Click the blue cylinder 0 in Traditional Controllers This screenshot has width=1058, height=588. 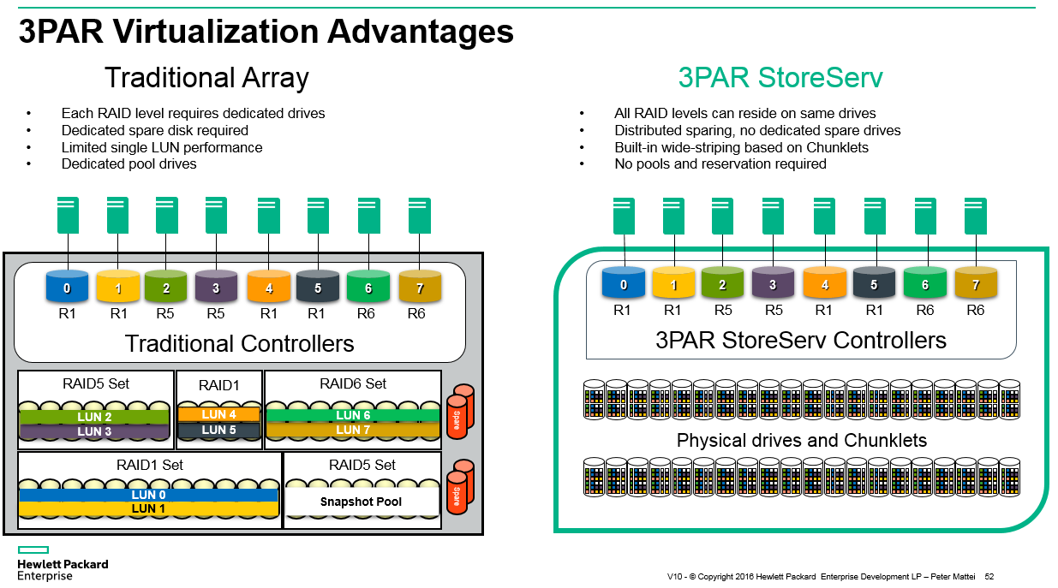[x=67, y=288]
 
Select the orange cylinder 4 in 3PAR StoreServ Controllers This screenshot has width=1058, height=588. [x=825, y=284]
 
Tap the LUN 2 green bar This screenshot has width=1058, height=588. [x=95, y=417]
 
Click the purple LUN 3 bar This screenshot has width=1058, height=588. [x=95, y=431]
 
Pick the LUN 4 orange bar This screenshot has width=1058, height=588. [x=218, y=415]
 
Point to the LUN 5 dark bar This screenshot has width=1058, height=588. [x=218, y=430]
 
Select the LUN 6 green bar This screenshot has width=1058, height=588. [x=353, y=415]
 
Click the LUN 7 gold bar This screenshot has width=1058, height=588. [x=353, y=430]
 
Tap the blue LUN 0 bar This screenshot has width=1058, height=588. [x=148, y=495]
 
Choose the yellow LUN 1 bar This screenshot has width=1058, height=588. [x=148, y=508]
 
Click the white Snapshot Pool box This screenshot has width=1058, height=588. [x=361, y=502]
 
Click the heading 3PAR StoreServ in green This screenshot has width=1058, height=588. [x=780, y=78]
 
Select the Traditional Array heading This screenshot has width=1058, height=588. [x=206, y=78]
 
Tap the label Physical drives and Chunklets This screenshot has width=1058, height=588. [x=802, y=441]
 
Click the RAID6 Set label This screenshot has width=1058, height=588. [x=353, y=383]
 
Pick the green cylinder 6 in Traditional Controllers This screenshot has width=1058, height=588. [x=368, y=288]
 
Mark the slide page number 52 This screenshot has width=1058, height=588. [x=989, y=577]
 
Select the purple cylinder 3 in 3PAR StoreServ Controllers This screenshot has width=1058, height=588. [x=774, y=284]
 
